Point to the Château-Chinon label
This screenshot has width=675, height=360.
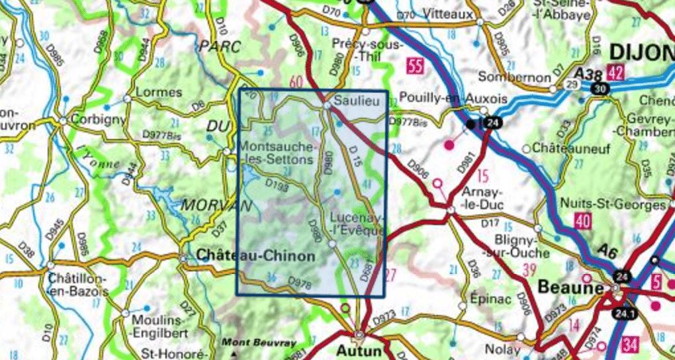pyautogui.click(x=255, y=253)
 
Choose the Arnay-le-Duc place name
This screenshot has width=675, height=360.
pyautogui.click(x=481, y=198)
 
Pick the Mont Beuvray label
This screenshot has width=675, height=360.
pyautogui.click(x=249, y=342)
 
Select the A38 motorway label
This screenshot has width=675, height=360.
pyautogui.click(x=588, y=74)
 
